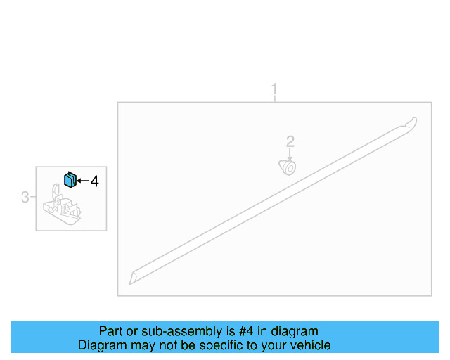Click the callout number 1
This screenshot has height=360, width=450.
[x=274, y=89]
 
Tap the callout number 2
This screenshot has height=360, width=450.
[x=290, y=141]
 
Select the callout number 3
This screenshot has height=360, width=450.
[x=25, y=197]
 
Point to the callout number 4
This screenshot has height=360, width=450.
[x=94, y=181]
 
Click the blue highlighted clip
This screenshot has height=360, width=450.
[x=70, y=179]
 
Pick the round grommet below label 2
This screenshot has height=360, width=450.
[x=288, y=167]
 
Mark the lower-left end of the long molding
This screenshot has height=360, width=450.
[x=134, y=278]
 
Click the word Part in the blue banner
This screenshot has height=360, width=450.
[x=111, y=331]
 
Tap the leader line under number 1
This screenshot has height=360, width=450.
[x=274, y=99]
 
